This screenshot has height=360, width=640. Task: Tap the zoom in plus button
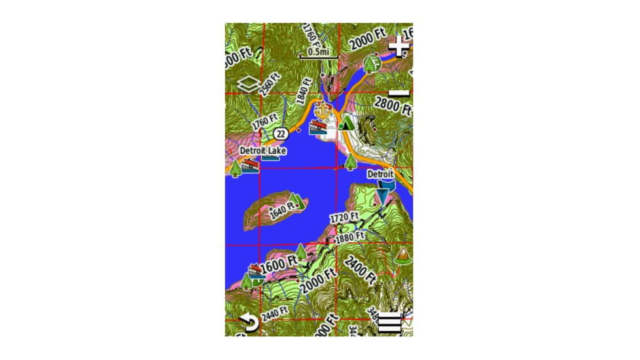(x=398, y=47)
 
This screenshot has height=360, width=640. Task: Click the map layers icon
(x=247, y=84)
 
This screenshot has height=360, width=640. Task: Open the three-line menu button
(x=390, y=323)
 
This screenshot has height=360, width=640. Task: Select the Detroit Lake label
(x=262, y=151)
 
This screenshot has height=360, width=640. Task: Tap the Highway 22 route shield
(x=281, y=133)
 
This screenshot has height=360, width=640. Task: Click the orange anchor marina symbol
(x=321, y=109)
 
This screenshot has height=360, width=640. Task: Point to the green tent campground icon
(x=346, y=122)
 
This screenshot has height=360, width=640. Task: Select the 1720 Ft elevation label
(x=344, y=217)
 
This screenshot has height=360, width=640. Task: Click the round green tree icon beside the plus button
(x=372, y=63)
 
